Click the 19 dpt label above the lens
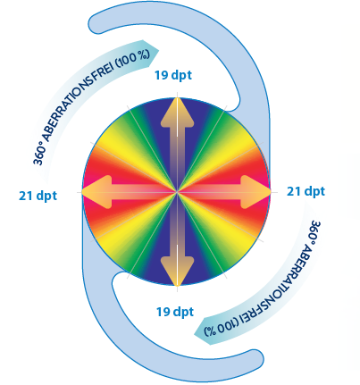click(x=173, y=75)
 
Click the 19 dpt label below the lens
click(x=175, y=312)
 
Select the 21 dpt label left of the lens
click(x=38, y=196)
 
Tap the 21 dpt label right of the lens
click(x=306, y=191)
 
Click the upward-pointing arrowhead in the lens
click(x=177, y=112)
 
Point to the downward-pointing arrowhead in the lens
click(x=177, y=272)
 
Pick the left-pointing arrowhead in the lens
click(x=96, y=192)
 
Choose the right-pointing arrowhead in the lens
click(x=255, y=192)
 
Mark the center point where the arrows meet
click(x=177, y=192)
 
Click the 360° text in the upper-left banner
click(x=39, y=154)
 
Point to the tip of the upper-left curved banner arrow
click(x=159, y=51)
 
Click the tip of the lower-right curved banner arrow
click(x=195, y=334)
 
